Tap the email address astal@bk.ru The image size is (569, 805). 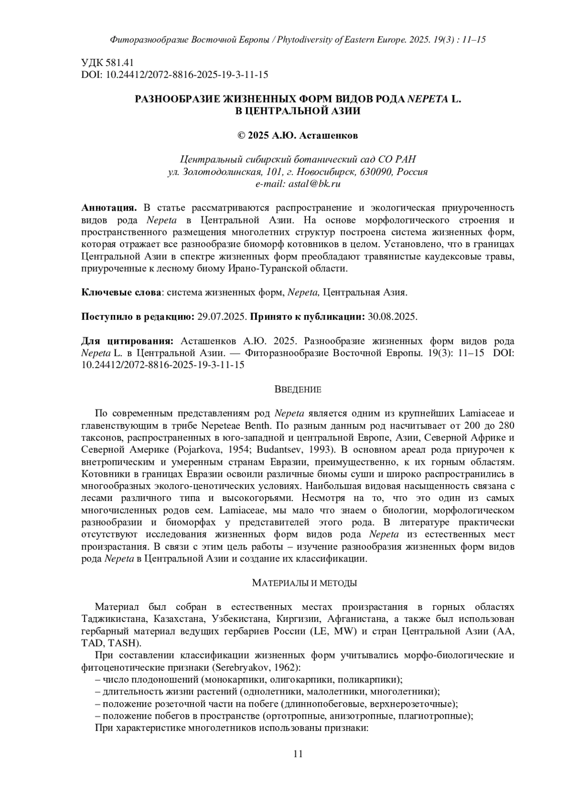point(314,184)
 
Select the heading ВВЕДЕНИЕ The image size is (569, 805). point(298,390)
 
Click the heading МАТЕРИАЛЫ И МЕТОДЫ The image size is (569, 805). point(304,583)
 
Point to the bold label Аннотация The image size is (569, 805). point(109,208)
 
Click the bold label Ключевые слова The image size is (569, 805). point(121,292)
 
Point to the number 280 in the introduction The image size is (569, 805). point(505,425)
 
